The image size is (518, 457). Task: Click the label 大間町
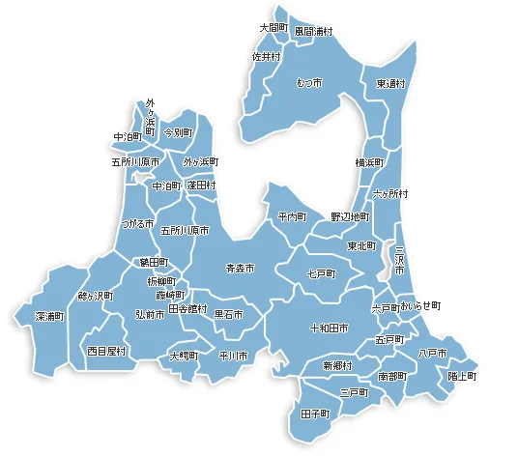point(274,28)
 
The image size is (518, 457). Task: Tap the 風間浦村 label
point(314,31)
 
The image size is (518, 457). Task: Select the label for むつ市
point(310,84)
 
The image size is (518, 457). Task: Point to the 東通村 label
point(391,84)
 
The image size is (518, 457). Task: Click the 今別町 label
point(178,131)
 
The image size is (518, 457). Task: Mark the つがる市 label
point(137,223)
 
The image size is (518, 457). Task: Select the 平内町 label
point(291,216)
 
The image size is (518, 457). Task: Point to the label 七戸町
point(320,274)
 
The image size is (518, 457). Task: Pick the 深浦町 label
point(49,316)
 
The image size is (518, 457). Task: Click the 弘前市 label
point(150,315)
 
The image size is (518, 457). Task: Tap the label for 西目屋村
point(106,350)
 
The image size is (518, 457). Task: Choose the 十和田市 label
point(329,328)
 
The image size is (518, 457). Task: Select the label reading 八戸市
point(432,354)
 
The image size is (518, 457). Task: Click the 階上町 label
point(462,376)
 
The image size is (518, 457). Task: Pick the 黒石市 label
point(228,315)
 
